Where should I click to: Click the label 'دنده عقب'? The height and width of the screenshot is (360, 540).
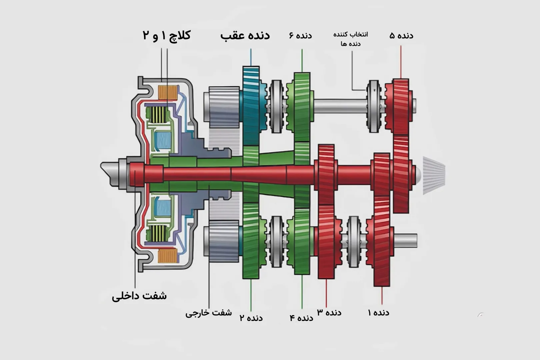(x=245, y=36)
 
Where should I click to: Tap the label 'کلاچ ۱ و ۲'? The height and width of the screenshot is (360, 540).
(x=167, y=35)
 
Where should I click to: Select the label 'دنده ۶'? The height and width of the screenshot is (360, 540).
(x=300, y=35)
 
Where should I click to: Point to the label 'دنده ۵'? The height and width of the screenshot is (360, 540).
(x=401, y=35)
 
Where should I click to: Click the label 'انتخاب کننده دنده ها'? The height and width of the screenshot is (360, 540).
(x=351, y=39)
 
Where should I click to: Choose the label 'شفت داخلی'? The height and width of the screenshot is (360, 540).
(x=139, y=296)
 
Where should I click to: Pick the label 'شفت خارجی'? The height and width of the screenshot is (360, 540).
(x=209, y=313)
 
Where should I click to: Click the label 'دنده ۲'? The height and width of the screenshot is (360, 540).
(x=251, y=318)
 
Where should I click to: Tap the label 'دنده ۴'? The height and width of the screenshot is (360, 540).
(x=302, y=318)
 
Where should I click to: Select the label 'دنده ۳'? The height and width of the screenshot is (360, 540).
(x=329, y=312)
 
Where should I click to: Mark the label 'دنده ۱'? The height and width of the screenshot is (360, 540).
(x=378, y=312)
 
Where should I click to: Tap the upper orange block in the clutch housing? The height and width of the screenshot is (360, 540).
(x=168, y=92)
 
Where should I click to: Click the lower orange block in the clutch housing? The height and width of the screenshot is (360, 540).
(x=168, y=256)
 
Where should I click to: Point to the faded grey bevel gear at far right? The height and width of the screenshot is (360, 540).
(x=433, y=175)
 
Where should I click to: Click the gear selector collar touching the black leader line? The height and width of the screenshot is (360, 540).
(x=374, y=106)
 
